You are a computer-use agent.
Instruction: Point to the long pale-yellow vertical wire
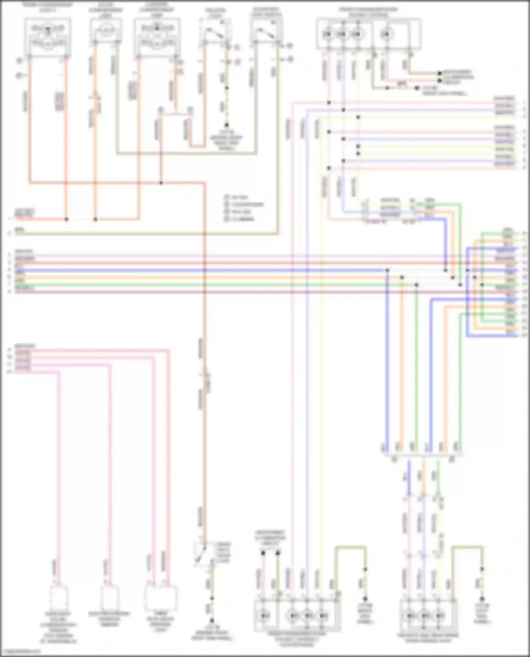[x=320, y=353]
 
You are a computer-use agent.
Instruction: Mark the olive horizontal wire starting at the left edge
[x=141, y=233]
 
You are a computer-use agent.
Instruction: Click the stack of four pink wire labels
[x=23, y=360]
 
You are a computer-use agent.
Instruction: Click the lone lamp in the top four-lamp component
[x=387, y=34]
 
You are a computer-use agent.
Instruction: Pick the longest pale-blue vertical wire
[x=306, y=353]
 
